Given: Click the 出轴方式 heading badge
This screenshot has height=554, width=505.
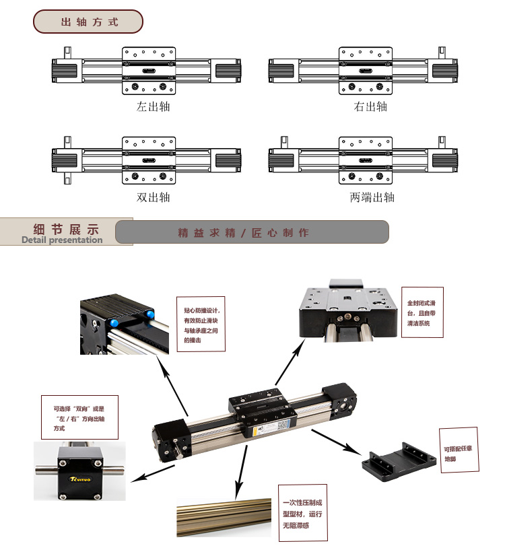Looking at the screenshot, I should pos(88,22).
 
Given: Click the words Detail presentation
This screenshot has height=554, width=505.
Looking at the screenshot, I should pos(62,240).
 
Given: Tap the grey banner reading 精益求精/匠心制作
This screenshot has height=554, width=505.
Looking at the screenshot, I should pos(252,232).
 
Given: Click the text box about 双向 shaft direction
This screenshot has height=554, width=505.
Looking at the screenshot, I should pos(79,417).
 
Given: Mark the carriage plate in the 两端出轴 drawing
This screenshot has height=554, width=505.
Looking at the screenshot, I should pos(365,161).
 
